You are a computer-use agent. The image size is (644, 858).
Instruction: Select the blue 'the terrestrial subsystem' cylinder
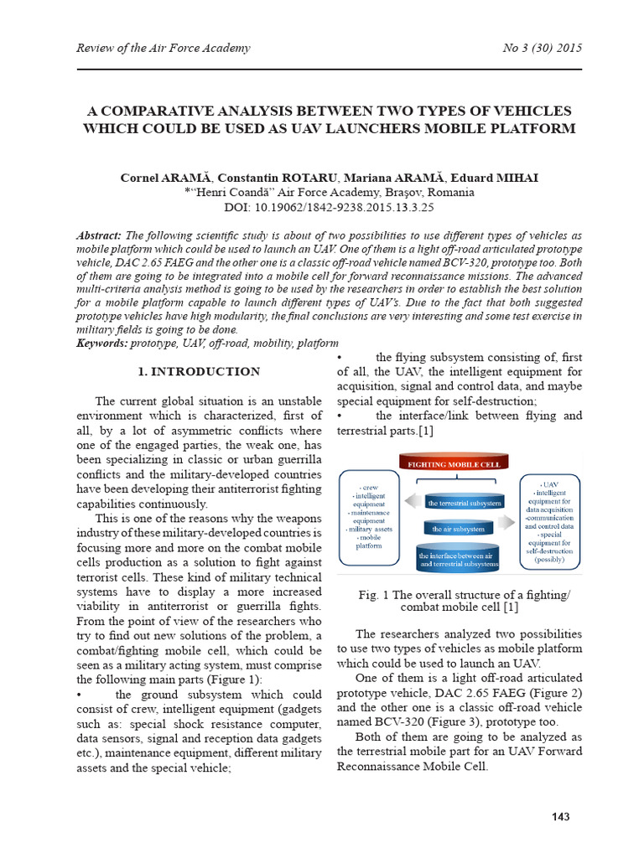point(465,503)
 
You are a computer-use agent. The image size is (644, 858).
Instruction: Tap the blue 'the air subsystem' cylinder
point(458,530)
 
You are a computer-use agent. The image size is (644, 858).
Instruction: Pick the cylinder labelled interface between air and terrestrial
point(458,559)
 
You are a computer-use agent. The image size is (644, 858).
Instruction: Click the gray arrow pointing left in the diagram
point(412,500)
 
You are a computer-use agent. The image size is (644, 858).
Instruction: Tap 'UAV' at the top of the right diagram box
point(549,484)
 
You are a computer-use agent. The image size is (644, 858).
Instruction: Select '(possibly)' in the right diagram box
point(550,559)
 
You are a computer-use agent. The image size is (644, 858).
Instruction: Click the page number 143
point(559,816)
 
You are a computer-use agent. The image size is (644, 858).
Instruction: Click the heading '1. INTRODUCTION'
point(199,371)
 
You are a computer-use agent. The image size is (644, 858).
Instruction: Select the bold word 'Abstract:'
point(99,236)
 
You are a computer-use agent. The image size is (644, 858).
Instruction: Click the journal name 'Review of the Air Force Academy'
point(164,48)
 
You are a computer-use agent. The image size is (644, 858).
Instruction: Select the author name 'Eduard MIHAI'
point(501,178)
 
